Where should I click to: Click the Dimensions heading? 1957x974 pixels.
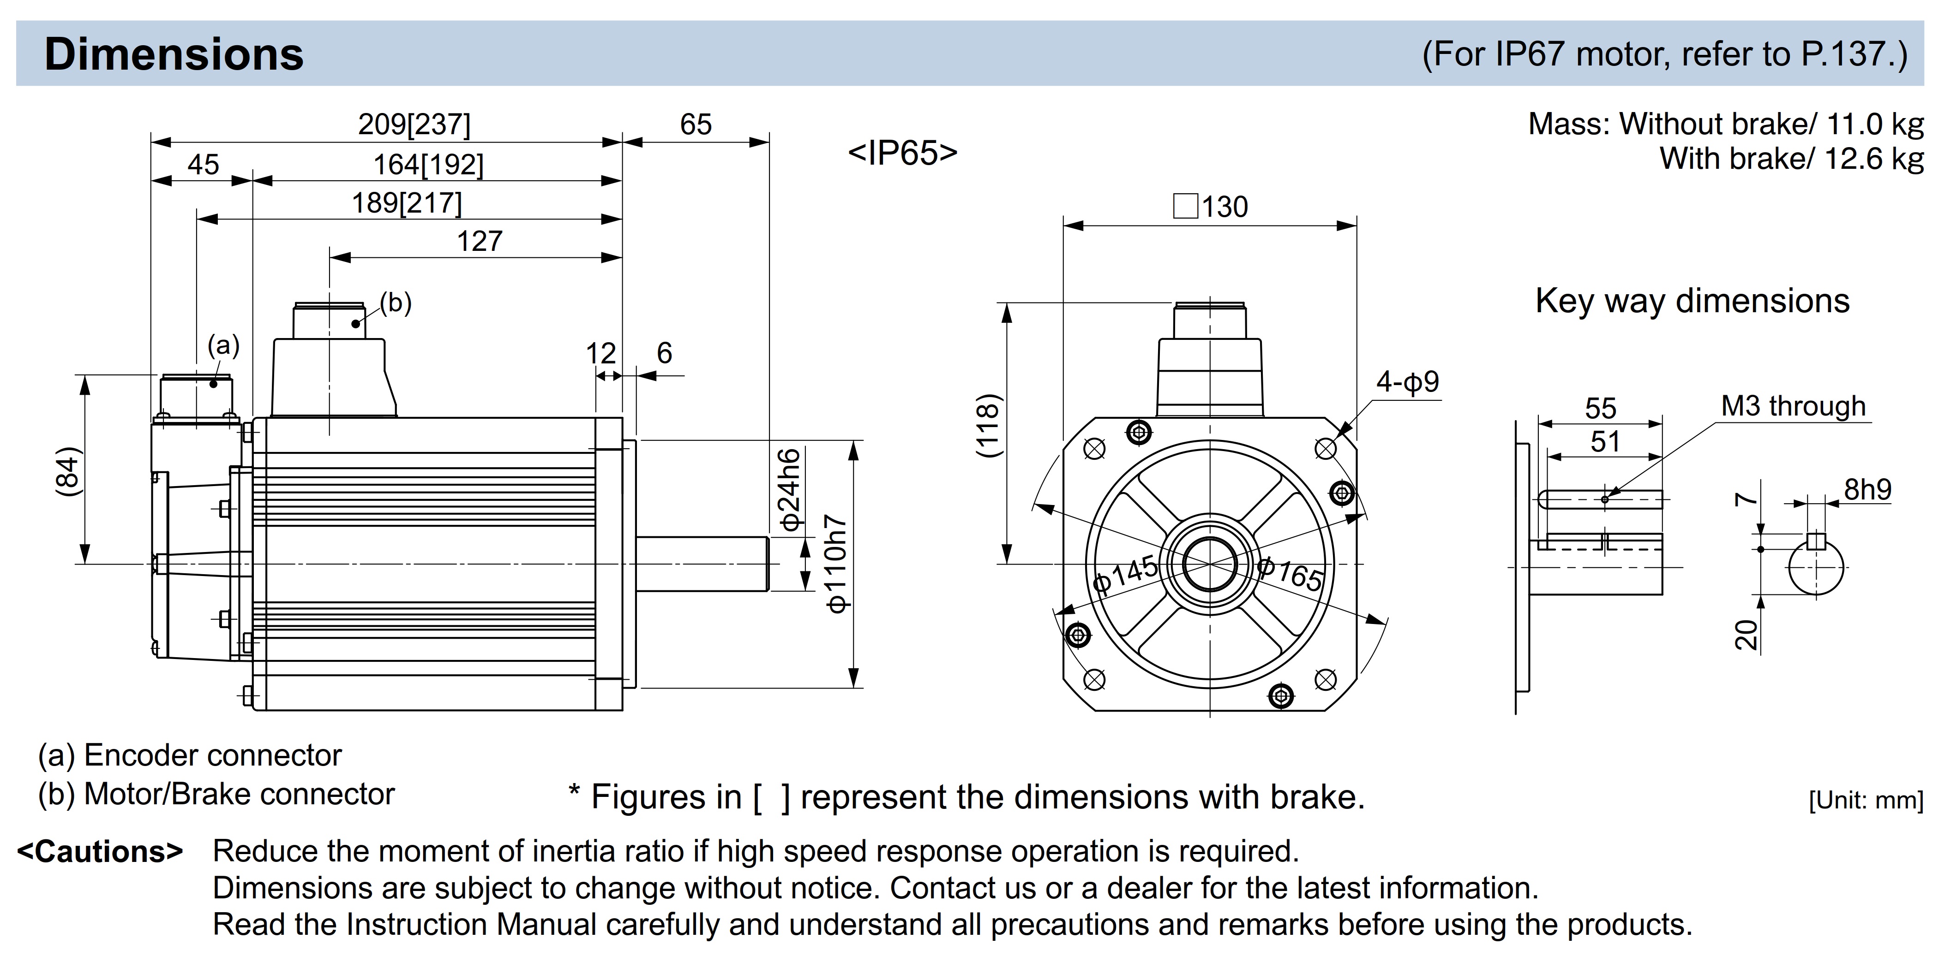pyautogui.click(x=174, y=55)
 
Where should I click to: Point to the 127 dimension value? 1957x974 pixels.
pyautogui.click(x=480, y=241)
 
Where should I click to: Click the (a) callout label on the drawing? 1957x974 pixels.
pyautogui.click(x=223, y=345)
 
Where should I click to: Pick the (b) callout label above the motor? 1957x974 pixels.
pyautogui.click(x=396, y=303)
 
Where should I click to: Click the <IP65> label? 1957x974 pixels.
pyautogui.click(x=902, y=153)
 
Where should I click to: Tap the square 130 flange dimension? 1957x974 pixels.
pyautogui.click(x=1211, y=207)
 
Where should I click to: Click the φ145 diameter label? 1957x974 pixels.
pyautogui.click(x=1125, y=573)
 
